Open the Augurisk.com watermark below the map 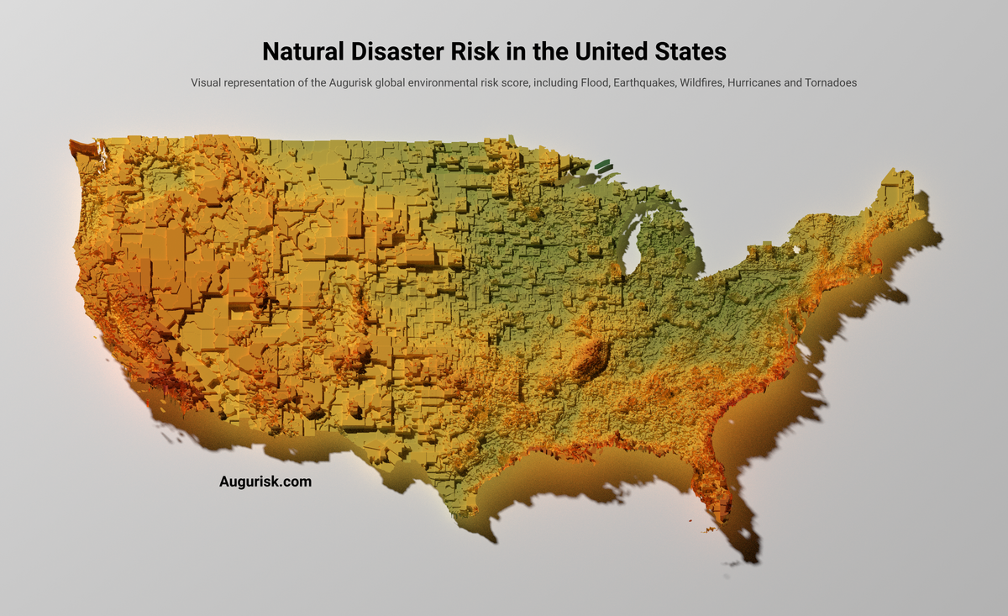tap(265, 482)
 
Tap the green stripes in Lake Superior tap(602, 166)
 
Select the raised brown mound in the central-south tap(591, 360)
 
